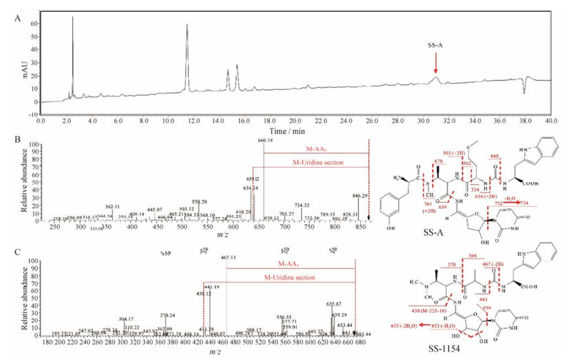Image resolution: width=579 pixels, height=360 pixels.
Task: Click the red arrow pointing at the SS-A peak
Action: tap(435, 63)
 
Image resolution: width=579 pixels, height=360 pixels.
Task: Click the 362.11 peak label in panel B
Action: tap(114, 206)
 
